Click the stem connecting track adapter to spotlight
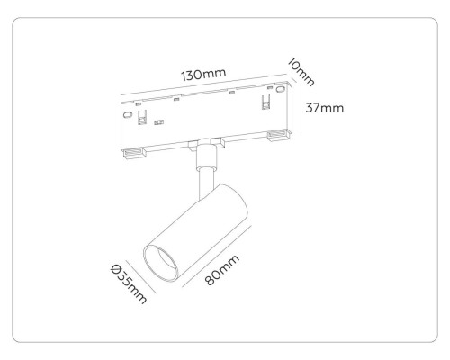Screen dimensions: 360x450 pyautogui.click(x=203, y=171)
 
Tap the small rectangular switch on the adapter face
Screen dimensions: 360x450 pyautogui.click(x=159, y=121)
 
